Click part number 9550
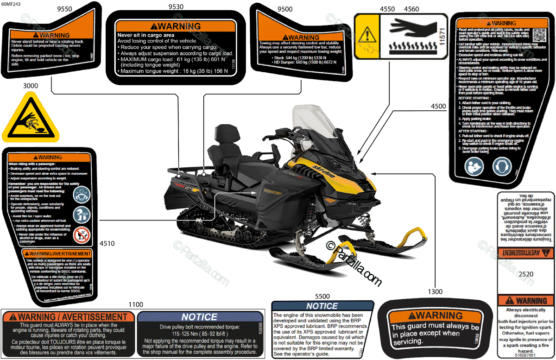pyautogui.click(x=64, y=9)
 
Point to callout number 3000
pyautogui.click(x=30, y=86)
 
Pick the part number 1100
pyautogui.click(x=136, y=304)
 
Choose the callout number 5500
pyautogui.click(x=322, y=296)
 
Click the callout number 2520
pyautogui.click(x=526, y=274)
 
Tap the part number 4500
pyautogui.click(x=438, y=106)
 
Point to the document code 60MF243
pyautogui.click(x=12, y=4)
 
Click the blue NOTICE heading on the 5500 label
pyautogui.click(x=322, y=306)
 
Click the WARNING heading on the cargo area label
pyautogui.click(x=179, y=26)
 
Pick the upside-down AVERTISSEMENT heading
pyautogui.click(x=525, y=253)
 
